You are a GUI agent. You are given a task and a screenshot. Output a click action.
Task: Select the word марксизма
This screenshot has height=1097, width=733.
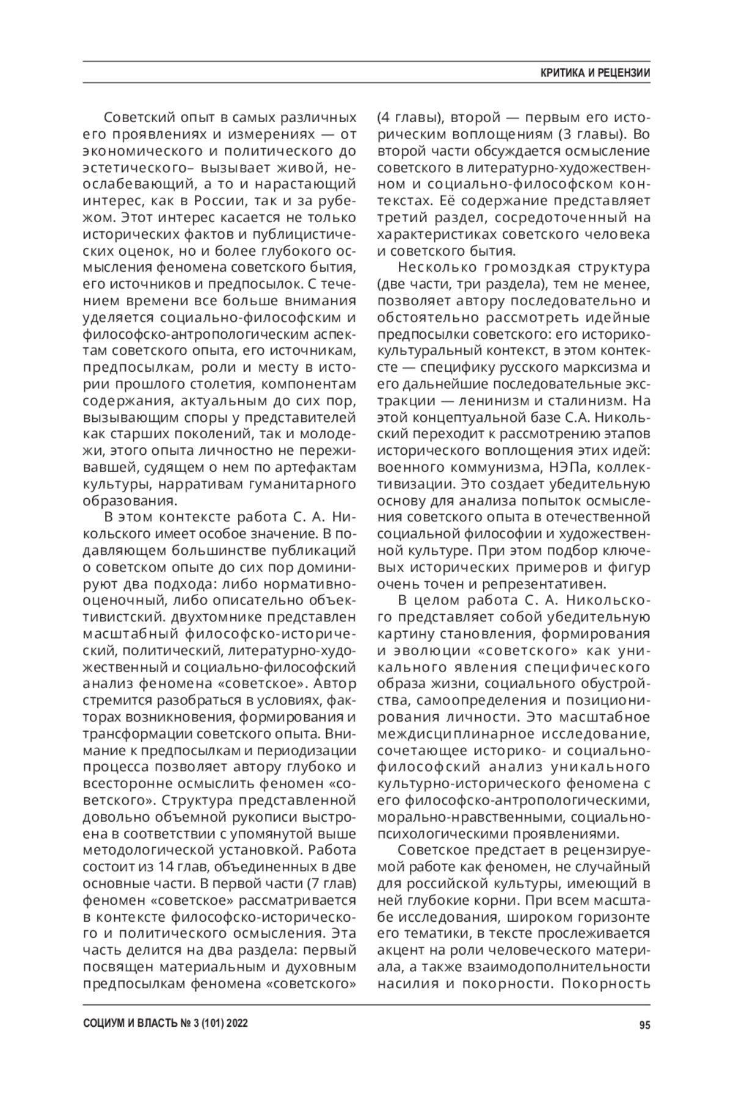[x=599, y=368]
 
